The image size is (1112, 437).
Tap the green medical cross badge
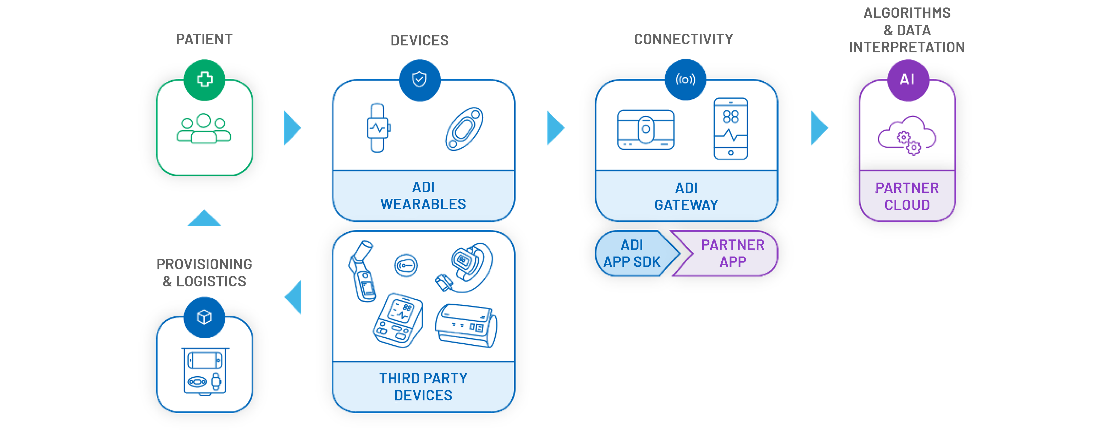point(204,79)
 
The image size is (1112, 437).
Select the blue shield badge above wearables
point(419,79)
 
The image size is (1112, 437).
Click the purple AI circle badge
point(907,79)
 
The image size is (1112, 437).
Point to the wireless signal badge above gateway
point(685,79)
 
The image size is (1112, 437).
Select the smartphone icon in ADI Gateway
point(730,128)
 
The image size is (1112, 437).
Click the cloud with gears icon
point(907,136)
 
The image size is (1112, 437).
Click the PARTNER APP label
point(732,253)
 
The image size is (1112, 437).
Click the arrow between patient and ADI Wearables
point(292,128)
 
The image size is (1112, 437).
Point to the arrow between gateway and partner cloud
point(819,128)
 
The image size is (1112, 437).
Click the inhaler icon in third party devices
point(362,271)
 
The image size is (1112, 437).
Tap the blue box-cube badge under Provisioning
point(204,317)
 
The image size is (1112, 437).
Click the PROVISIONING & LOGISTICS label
point(204,272)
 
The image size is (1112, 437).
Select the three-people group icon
point(203,128)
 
